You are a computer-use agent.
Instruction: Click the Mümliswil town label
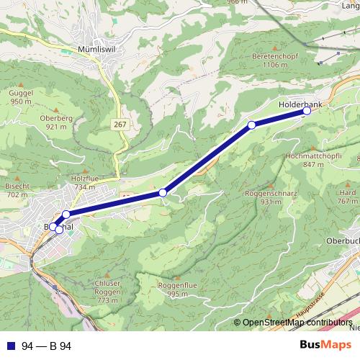(97, 50)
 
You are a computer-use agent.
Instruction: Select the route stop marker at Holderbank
(307, 111)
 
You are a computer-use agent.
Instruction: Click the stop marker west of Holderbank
(252, 125)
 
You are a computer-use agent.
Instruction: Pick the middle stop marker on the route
(163, 192)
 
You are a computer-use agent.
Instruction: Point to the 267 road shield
(120, 125)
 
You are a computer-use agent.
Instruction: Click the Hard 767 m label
(348, 197)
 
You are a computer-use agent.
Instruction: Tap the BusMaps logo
(325, 346)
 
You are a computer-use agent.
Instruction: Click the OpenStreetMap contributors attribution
(297, 323)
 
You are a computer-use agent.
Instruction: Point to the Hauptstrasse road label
(310, 305)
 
